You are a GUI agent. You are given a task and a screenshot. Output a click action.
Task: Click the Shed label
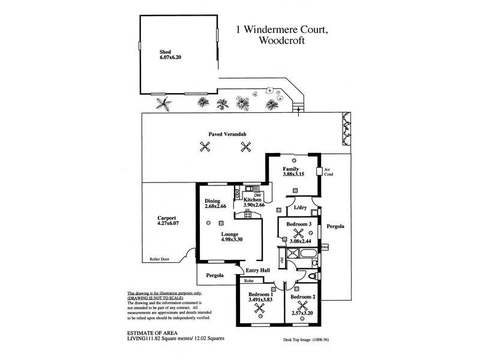tap(166, 52)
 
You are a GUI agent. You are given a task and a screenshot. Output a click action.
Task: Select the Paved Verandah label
tap(224, 134)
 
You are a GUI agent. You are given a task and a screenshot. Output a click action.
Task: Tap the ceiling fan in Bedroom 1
tap(260, 308)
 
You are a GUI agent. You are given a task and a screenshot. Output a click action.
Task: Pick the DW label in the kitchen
tap(257, 195)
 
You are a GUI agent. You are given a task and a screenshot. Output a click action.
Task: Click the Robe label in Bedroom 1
tap(248, 280)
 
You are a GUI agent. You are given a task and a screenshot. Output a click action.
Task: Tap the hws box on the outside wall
tap(325, 247)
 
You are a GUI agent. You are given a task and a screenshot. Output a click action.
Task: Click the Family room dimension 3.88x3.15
tap(295, 175)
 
